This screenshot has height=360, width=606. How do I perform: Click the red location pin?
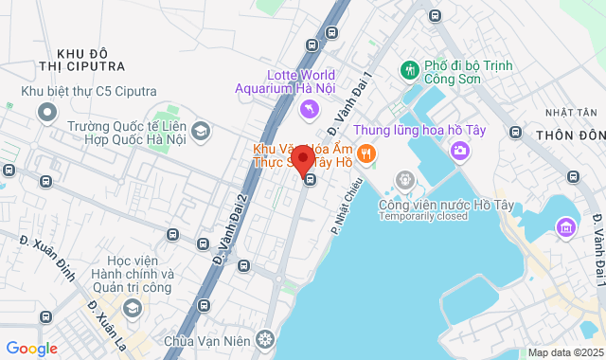pyautogui.click(x=302, y=160)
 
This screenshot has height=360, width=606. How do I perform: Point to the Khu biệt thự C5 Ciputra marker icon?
pyautogui.click(x=47, y=112)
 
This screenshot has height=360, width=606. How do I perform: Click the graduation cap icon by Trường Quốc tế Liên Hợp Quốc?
pyautogui.click(x=200, y=132)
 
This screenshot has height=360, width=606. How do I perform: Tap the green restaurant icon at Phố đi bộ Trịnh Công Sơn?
pyautogui.click(x=410, y=69)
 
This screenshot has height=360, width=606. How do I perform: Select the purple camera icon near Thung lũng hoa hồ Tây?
pyautogui.click(x=460, y=149)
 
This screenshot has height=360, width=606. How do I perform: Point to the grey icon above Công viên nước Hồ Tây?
pyautogui.click(x=405, y=179)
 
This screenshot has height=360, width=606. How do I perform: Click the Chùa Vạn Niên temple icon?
pyautogui.click(x=266, y=339)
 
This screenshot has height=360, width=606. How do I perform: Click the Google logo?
pyautogui.click(x=31, y=349)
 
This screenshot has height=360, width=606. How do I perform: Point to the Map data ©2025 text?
pyautogui.click(x=564, y=352)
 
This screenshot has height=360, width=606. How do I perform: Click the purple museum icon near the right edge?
pyautogui.click(x=566, y=226)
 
